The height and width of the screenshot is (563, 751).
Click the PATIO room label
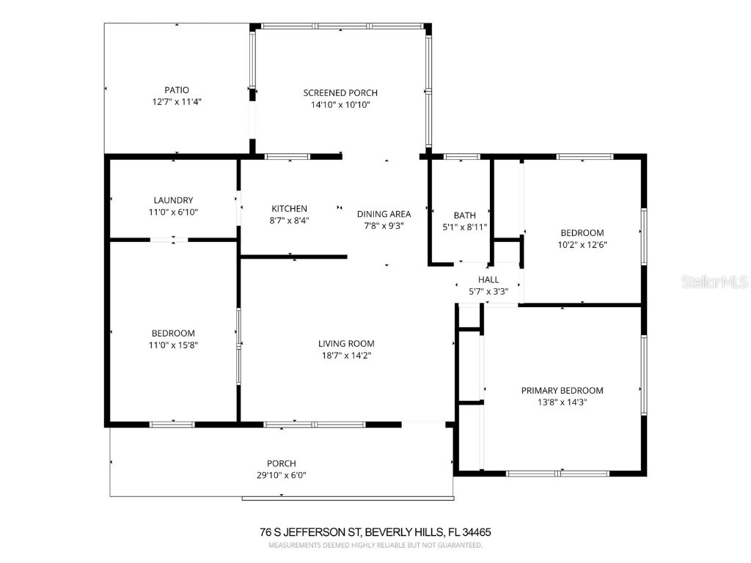click(x=176, y=90)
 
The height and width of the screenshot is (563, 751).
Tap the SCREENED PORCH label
click(x=340, y=92)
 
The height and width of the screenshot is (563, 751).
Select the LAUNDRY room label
click(x=173, y=200)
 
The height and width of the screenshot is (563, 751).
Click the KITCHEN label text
click(x=289, y=209)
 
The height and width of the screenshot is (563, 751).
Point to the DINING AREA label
click(x=384, y=214)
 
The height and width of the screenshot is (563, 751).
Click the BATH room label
click(x=464, y=215)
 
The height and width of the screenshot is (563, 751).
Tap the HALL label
click(x=488, y=279)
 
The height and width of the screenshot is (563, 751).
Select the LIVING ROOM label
click(x=346, y=343)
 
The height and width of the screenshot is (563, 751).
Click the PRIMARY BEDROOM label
click(x=562, y=391)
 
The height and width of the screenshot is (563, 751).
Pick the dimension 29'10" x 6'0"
click(x=281, y=475)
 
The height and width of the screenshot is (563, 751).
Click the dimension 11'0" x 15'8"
click(x=173, y=345)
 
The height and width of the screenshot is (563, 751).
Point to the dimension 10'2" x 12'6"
click(x=582, y=245)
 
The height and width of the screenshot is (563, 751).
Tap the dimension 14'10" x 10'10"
click(x=340, y=104)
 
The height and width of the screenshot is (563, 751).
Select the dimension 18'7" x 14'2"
click(x=346, y=356)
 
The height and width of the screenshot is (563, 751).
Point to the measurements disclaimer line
click(x=375, y=545)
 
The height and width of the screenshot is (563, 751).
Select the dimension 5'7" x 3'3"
click(x=488, y=291)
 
